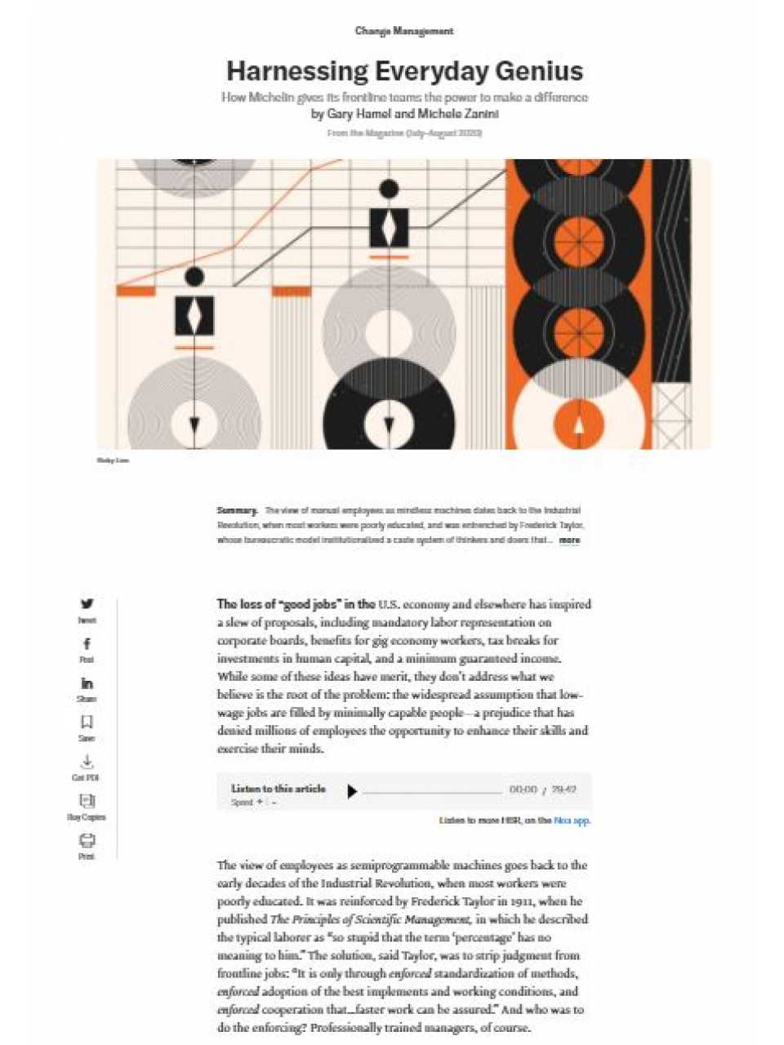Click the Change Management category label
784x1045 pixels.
(403, 31)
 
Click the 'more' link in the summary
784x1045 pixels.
(569, 540)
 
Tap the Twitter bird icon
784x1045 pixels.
(87, 604)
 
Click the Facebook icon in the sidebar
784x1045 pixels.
(87, 644)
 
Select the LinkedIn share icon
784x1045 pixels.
(87, 683)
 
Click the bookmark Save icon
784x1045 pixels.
(87, 723)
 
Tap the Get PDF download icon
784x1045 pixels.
(87, 762)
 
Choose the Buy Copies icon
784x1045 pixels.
(87, 801)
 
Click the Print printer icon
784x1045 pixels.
(87, 840)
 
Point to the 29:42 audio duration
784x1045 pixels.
(563, 790)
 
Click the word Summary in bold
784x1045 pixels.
(237, 511)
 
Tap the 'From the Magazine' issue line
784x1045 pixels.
(403, 133)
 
